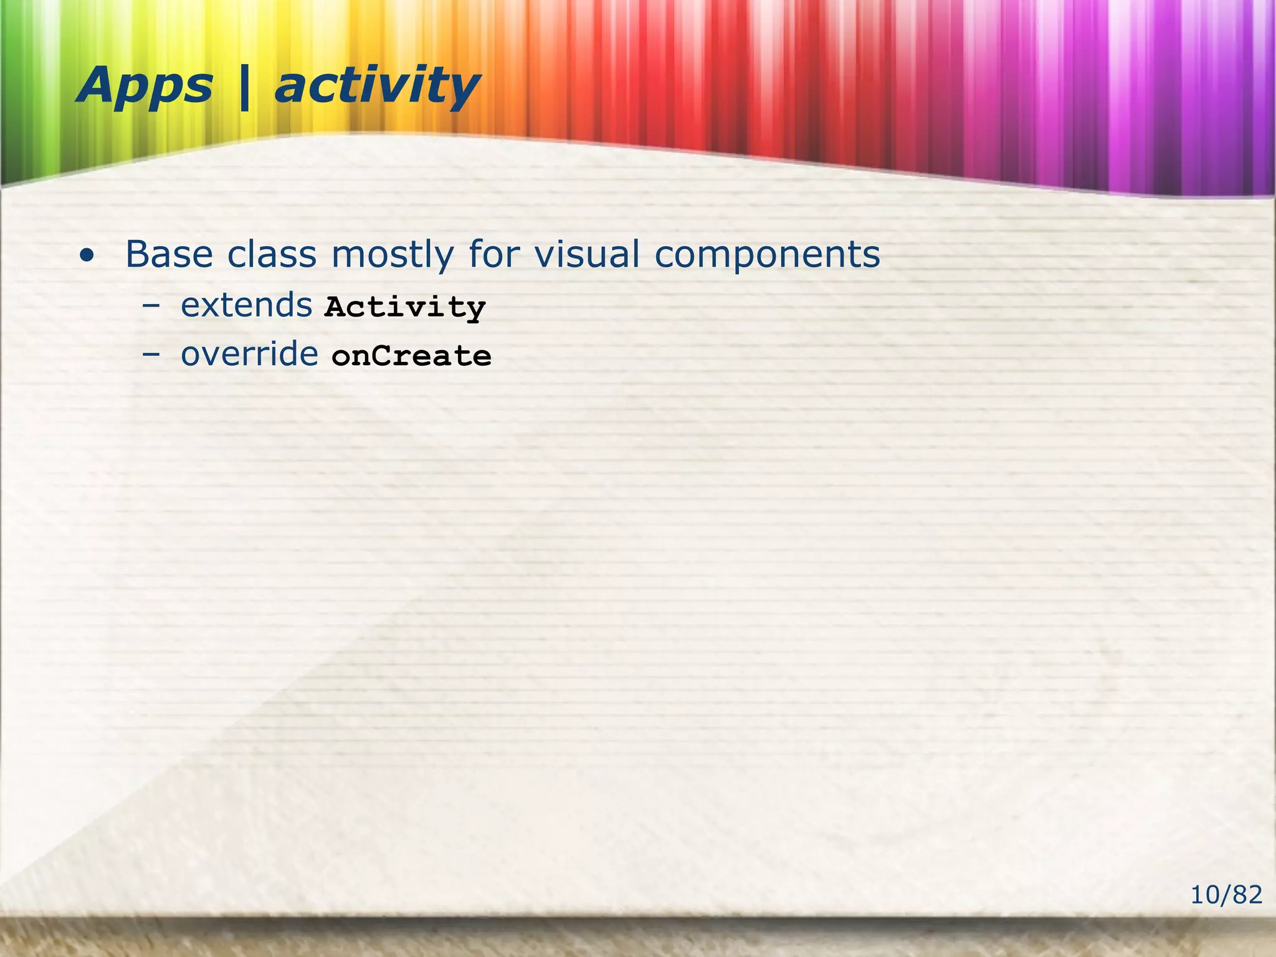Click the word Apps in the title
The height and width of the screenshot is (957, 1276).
coord(145,86)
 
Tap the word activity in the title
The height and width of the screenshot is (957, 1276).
coord(376,86)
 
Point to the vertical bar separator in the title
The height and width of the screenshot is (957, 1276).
coord(244,87)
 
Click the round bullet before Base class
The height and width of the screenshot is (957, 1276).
coord(88,255)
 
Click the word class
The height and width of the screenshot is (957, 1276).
coord(272,254)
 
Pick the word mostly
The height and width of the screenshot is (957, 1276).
coord(393,255)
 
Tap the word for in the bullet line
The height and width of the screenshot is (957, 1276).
coord(495,254)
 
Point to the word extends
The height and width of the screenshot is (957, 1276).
coord(246,305)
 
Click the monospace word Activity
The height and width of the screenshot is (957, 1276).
coord(405,307)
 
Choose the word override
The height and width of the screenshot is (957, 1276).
coord(249,355)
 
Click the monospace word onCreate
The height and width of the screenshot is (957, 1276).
coord(411,356)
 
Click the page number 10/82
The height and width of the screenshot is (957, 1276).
coord(1226,895)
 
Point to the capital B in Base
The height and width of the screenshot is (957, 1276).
coord(139,254)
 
